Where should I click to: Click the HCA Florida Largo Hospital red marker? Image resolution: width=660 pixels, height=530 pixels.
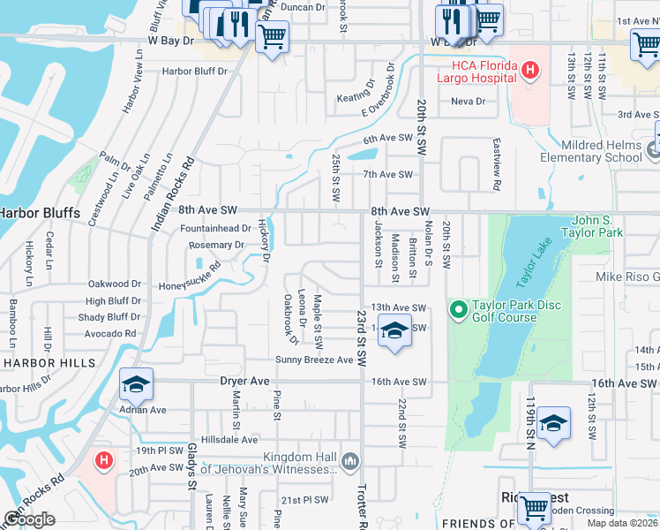pyautogui.click(x=529, y=69)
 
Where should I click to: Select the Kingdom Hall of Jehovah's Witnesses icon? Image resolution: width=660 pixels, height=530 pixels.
pyautogui.click(x=351, y=460)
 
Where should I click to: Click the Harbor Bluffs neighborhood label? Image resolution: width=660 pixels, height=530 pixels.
pyautogui.click(x=39, y=213)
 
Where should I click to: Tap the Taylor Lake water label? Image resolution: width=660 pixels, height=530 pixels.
pyautogui.click(x=533, y=262)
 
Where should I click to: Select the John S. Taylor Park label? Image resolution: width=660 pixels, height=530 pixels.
pyautogui.click(x=585, y=226)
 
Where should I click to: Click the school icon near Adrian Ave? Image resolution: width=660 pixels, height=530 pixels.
pyautogui.click(x=136, y=384)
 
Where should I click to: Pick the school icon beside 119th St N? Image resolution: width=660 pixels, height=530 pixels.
pyautogui.click(x=553, y=423)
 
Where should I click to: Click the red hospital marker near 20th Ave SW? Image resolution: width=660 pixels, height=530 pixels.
pyautogui.click(x=104, y=460)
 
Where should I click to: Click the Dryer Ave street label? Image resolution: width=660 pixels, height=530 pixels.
pyautogui.click(x=244, y=382)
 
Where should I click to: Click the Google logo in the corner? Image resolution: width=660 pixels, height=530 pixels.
pyautogui.click(x=29, y=519)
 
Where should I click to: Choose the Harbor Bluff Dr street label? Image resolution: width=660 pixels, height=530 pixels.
pyautogui.click(x=193, y=72)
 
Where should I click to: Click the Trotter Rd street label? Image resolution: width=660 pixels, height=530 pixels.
pyautogui.click(x=361, y=505)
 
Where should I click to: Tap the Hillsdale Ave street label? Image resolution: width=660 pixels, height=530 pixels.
pyautogui.click(x=229, y=439)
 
